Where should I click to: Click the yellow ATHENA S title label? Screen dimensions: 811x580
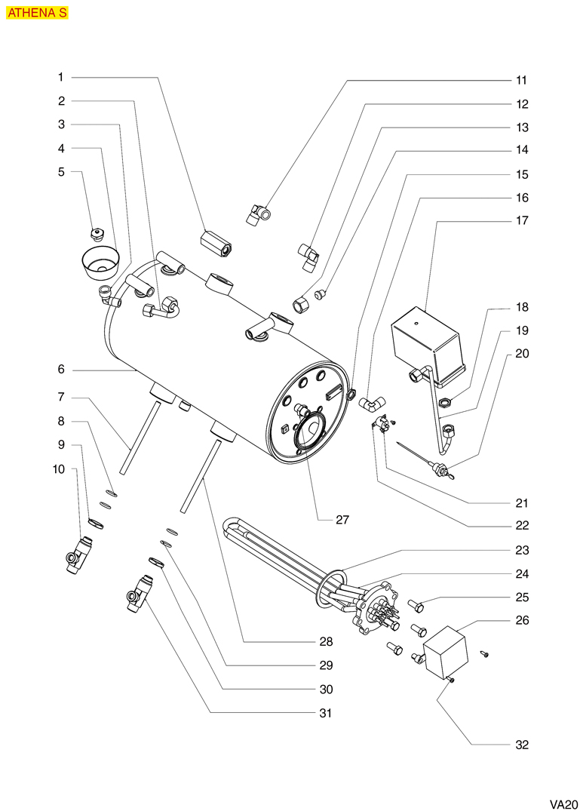click(37, 13)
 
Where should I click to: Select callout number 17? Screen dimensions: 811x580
click(522, 221)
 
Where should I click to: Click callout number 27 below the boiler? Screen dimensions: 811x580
click(342, 520)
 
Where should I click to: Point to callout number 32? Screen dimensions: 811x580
click(522, 745)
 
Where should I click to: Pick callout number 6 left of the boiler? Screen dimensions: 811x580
click(61, 370)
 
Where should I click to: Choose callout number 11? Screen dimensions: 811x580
click(522, 80)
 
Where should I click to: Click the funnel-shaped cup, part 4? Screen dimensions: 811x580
click(100, 261)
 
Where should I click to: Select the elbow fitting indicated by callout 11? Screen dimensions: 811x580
click(261, 214)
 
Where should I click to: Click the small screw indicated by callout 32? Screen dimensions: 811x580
click(451, 681)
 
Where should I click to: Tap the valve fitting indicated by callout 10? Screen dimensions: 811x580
click(78, 557)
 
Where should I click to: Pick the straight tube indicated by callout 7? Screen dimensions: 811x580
click(141, 438)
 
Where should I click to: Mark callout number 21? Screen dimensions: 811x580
click(522, 503)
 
